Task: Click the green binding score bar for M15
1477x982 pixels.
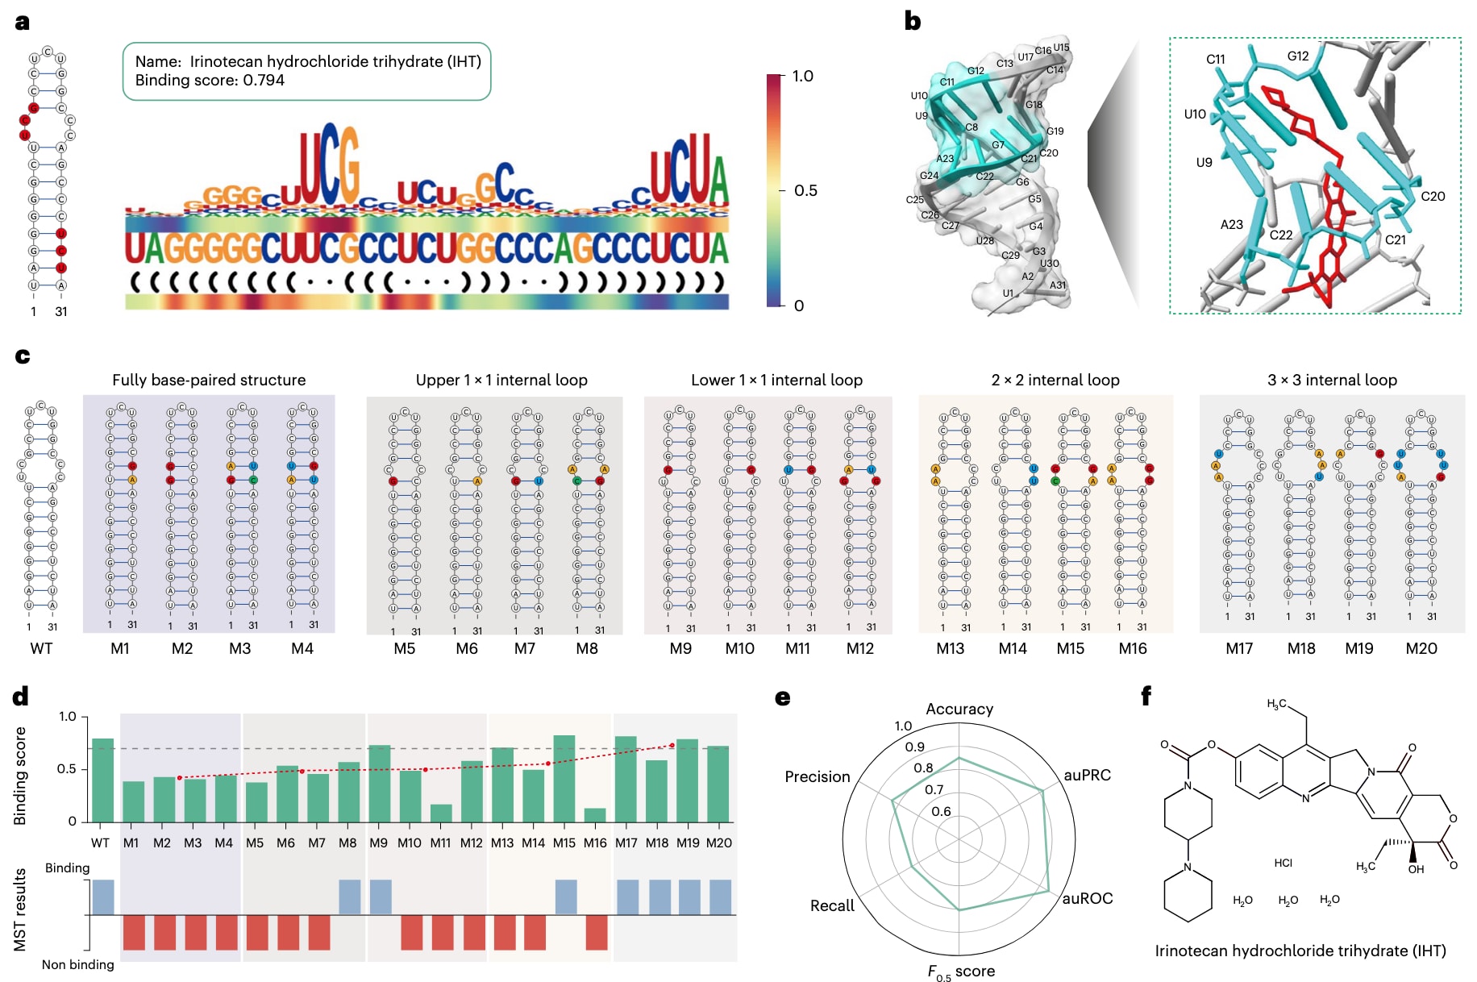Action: point(564,778)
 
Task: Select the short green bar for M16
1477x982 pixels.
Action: point(595,815)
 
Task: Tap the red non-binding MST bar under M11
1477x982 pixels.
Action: point(443,932)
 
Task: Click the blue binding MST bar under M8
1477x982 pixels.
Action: point(349,897)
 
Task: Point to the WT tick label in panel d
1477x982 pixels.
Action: point(100,843)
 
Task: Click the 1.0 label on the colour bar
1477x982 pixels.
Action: point(802,77)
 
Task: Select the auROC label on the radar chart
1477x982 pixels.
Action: point(1087,898)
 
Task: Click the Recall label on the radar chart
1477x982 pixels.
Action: point(831,905)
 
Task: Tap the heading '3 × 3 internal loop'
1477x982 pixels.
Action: point(1332,380)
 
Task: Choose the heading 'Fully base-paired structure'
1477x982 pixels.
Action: point(209,380)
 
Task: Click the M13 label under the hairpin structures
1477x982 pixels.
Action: point(950,648)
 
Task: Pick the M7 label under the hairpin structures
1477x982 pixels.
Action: point(524,648)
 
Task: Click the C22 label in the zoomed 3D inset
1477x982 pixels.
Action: point(1280,235)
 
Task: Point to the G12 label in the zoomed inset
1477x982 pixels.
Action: point(1297,56)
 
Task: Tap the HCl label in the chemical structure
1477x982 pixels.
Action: point(1283,863)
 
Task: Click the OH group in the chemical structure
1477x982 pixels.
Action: point(1416,869)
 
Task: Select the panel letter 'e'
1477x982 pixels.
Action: point(782,697)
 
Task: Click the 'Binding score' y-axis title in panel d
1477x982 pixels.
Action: point(20,776)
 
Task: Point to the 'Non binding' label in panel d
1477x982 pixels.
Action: point(77,964)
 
